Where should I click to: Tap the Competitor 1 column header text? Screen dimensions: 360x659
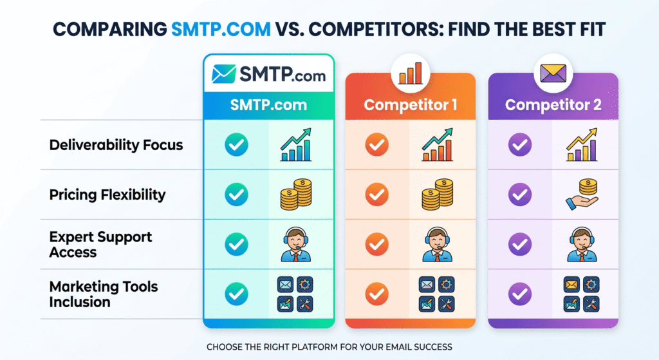pos(410,104)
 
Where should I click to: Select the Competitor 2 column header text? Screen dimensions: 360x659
pos(553,104)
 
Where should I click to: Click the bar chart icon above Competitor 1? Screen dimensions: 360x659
pos(410,73)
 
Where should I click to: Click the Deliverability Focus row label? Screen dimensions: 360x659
pos(116,145)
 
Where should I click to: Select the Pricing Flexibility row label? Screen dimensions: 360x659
pos(107,194)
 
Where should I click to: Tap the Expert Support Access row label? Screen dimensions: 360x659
pos(100,244)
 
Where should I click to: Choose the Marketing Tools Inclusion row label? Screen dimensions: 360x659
pos(103,294)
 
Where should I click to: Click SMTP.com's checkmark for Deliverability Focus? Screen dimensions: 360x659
pos(236,145)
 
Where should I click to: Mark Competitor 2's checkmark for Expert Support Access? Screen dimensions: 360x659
pos(519,244)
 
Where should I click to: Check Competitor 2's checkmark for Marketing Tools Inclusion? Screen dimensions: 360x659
pos(519,294)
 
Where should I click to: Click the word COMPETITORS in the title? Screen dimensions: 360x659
pos(348,30)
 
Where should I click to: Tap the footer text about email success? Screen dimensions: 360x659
pos(329,346)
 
